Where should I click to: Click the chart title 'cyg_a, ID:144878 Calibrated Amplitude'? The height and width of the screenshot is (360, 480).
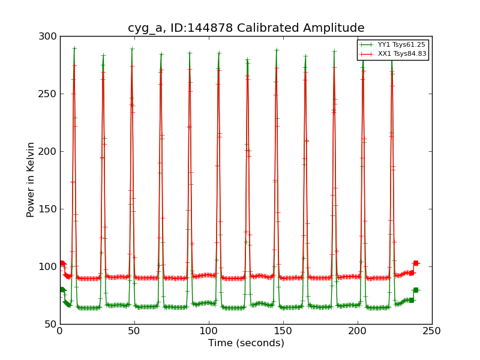click(246, 28)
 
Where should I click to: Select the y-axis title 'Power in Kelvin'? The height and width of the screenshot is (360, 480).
click(31, 179)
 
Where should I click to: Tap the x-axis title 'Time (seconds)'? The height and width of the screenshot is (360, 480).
click(246, 343)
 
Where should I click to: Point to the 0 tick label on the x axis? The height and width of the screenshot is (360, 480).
click(60, 331)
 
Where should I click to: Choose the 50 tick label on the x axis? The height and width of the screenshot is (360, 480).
click(134, 331)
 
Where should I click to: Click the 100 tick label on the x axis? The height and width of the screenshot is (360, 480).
click(209, 331)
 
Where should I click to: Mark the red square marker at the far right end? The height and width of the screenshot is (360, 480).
click(415, 263)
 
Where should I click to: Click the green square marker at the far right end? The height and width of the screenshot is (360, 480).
click(415, 290)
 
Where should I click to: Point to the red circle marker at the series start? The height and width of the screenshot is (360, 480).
click(62, 263)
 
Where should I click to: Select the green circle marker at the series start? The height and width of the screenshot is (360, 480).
click(62, 289)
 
